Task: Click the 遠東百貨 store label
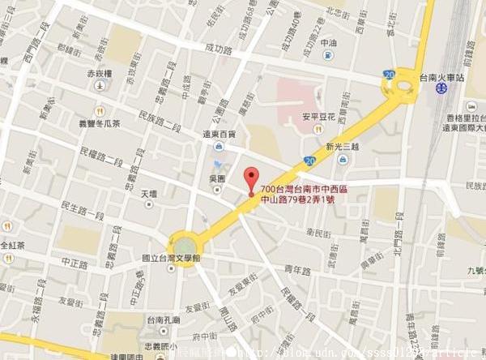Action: point(220,135)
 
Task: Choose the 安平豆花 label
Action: point(319,116)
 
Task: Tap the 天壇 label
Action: point(149,195)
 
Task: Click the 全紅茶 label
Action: point(14,244)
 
